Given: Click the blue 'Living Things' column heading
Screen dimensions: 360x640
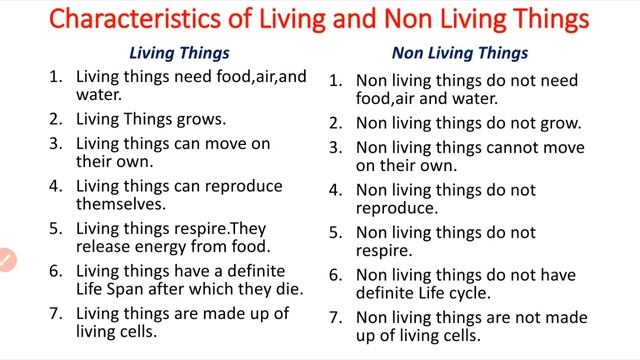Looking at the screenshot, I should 180,53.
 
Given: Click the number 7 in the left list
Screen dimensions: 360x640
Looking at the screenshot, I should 56,314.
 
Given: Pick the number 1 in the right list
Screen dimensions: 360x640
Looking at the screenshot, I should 336,81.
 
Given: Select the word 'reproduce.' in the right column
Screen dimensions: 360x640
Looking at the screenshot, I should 397,208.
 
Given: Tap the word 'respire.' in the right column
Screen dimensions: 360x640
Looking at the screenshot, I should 385,252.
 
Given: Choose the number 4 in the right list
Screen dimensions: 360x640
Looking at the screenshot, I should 336,190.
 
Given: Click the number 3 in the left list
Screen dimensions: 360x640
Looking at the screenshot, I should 56,144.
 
